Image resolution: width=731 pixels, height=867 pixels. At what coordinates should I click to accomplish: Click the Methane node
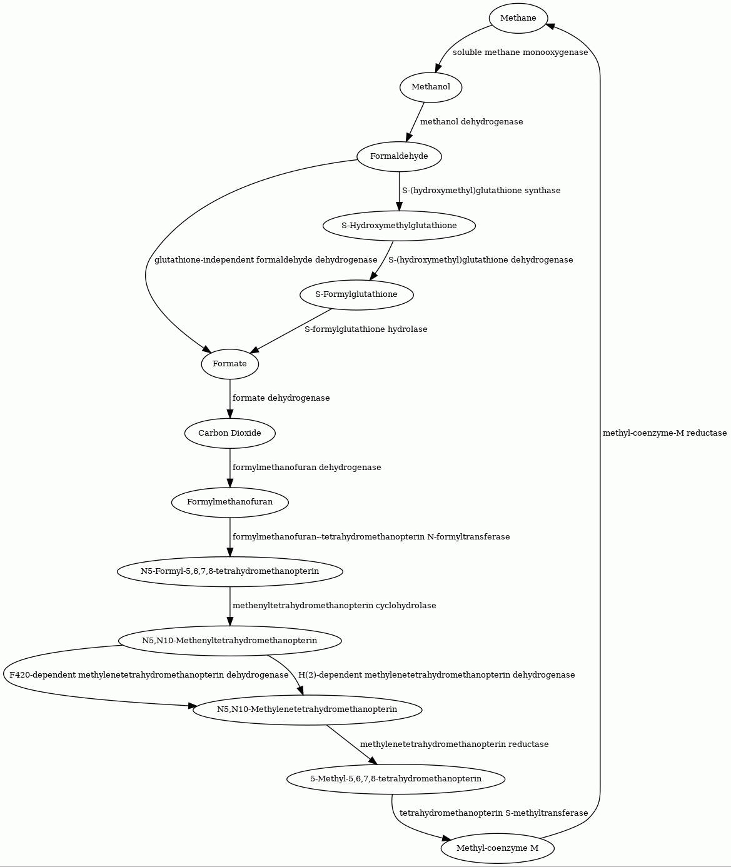pos(518,18)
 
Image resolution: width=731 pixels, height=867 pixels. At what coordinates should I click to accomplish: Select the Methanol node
pos(431,87)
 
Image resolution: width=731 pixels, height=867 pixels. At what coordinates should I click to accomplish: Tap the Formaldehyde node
pos(399,156)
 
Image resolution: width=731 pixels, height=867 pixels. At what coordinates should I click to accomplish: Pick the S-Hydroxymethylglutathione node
pos(399,226)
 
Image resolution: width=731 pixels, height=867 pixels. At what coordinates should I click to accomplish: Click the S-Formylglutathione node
pos(356,295)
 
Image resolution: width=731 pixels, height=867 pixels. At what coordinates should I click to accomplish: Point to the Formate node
pos(229,364)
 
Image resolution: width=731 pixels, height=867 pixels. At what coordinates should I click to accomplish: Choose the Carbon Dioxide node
pos(229,433)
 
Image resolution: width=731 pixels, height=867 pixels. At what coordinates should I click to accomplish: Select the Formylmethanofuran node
pos(229,503)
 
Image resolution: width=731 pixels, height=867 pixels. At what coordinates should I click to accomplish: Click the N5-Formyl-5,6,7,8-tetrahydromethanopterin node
pos(229,571)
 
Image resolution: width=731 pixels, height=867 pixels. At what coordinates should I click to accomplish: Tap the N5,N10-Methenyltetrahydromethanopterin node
pos(229,641)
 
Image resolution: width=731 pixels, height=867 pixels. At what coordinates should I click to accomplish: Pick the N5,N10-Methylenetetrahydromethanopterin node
pos(308,710)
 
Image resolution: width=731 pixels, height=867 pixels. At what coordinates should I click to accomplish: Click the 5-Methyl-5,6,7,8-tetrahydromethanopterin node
pos(396,779)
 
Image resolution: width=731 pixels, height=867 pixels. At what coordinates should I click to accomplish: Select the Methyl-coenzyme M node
pos(497,848)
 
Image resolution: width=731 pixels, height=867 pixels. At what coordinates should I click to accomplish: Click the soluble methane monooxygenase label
pos(520,53)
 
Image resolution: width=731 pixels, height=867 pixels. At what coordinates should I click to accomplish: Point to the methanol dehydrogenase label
pos(471,122)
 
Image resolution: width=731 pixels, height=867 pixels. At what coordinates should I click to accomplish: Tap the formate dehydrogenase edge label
pos(281,398)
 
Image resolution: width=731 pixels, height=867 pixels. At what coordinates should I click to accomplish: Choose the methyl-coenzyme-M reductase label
pos(665,433)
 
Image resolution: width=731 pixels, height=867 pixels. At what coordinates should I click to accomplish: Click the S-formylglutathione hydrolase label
pos(366,329)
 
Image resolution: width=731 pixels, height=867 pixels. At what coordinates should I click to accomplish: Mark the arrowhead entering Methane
pos(550,26)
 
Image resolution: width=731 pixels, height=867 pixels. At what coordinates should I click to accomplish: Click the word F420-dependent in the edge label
pos(41,675)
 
